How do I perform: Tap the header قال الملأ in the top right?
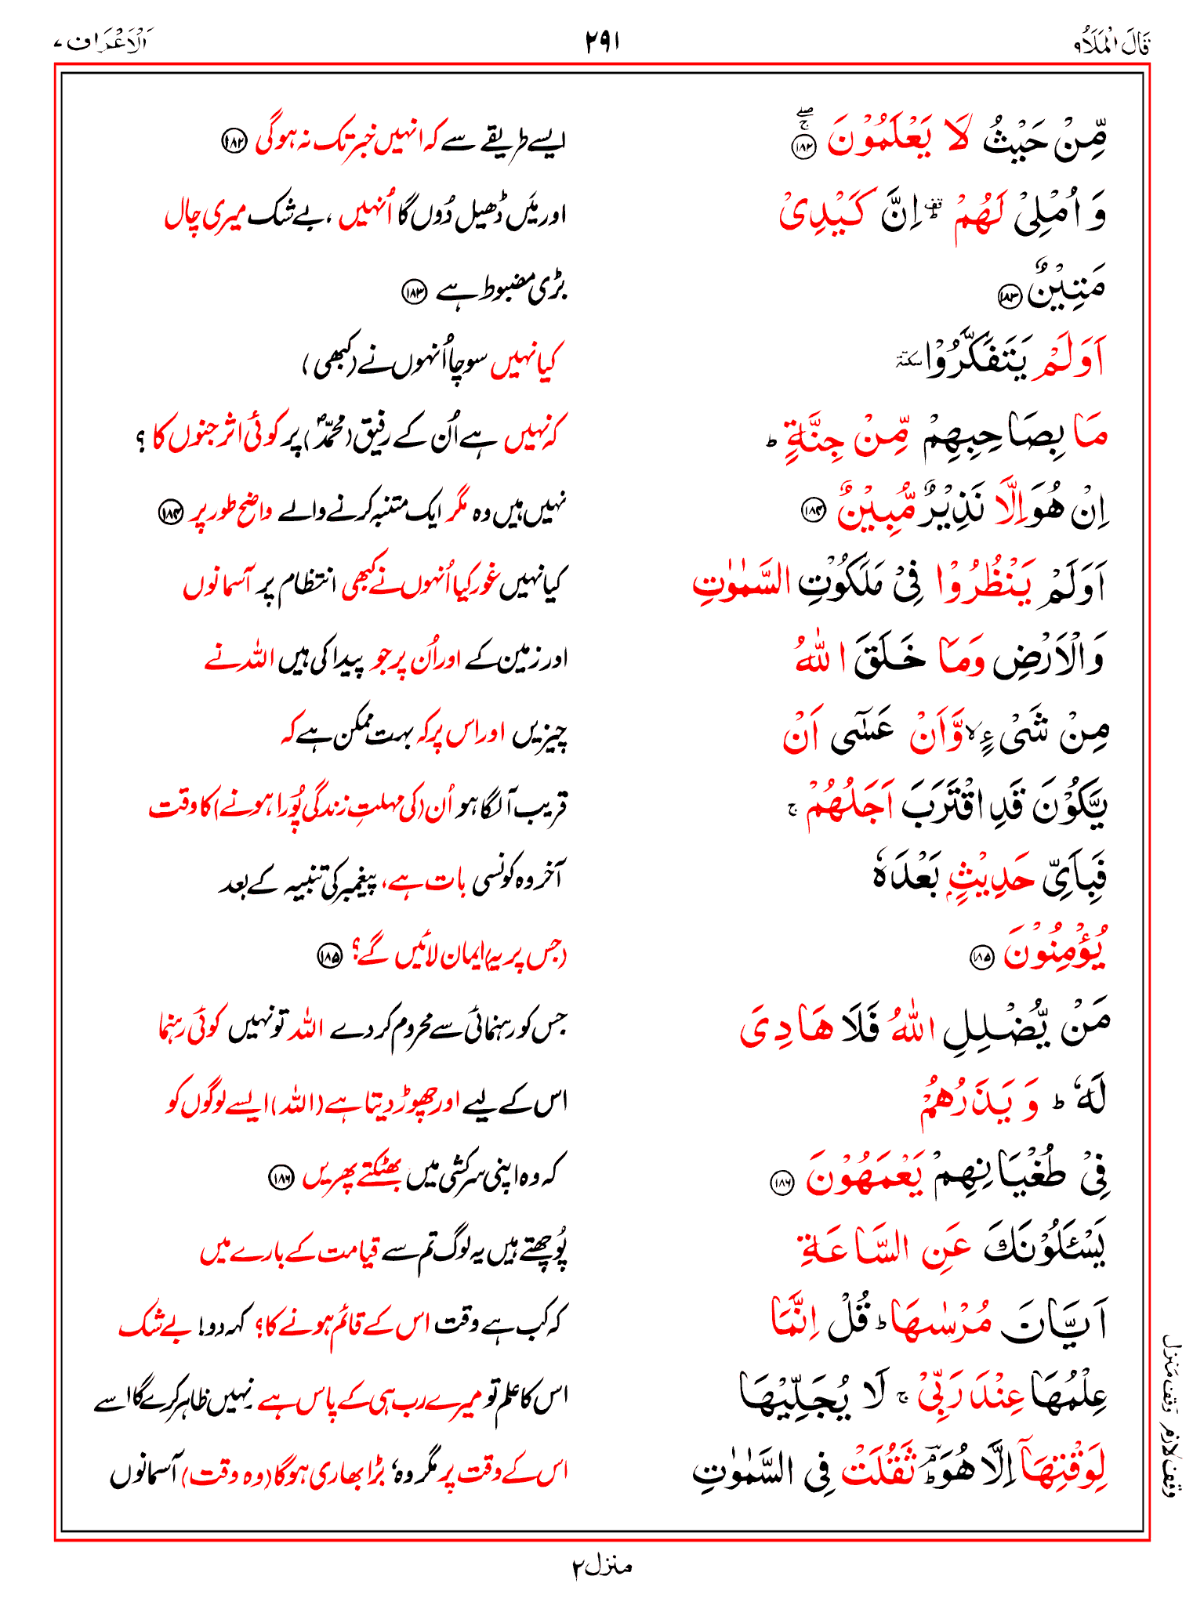(1112, 44)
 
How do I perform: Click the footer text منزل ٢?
(601, 1567)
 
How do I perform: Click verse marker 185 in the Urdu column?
(328, 955)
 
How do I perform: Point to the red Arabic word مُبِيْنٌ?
(870, 510)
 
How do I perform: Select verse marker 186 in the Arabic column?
(781, 1184)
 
